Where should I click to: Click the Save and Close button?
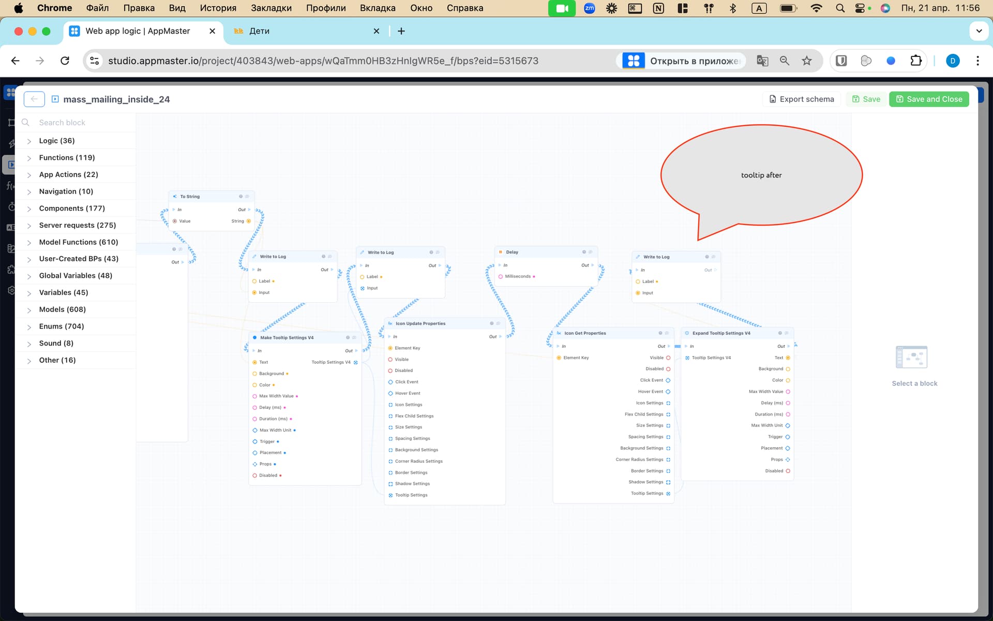pos(929,99)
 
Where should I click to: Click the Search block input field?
pos(78,123)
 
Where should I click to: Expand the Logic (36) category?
pos(57,141)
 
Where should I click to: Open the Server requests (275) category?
pos(78,225)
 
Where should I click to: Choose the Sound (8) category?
pos(56,343)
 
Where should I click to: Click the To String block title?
pos(190,197)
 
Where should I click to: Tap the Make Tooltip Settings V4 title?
pos(287,337)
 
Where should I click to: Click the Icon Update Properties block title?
pos(420,323)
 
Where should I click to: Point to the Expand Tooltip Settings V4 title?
pos(721,333)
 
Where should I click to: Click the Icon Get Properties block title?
pos(585,333)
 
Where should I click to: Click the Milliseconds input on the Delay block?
pos(518,276)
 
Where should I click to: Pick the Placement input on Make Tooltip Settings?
pos(270,453)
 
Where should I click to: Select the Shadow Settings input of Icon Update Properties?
pos(412,484)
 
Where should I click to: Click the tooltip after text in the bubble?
pos(761,175)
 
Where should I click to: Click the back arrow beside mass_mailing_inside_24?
pos(34,99)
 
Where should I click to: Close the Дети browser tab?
pos(377,31)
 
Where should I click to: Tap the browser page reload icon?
pos(65,61)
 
